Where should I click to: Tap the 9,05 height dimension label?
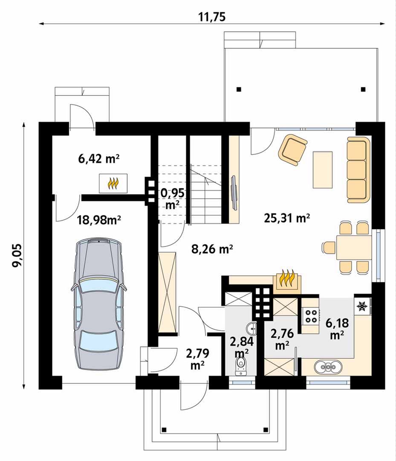tap(17, 255)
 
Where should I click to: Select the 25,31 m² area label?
tap(287, 218)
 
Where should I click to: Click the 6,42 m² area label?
tap(98, 159)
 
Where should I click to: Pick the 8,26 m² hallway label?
tap(212, 249)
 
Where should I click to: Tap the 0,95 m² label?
tap(173, 199)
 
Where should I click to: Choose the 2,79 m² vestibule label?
tap(197, 359)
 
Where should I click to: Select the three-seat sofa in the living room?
tap(358, 170)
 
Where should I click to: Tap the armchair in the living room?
tap(293, 150)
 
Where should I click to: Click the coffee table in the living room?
tap(323, 169)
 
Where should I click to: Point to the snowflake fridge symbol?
tap(362, 306)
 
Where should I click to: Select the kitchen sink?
tap(329, 367)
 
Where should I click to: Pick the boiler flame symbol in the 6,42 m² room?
tap(113, 184)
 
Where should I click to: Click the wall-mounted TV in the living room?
tap(234, 193)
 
